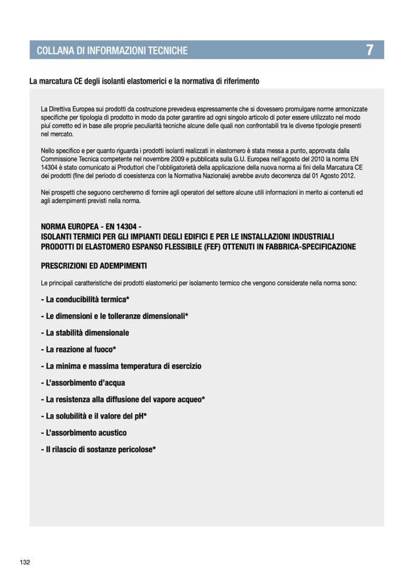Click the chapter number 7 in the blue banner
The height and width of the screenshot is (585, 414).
pos(370,50)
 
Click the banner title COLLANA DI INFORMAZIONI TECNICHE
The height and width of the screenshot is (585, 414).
pos(112,51)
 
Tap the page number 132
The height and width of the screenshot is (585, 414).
pos(24,562)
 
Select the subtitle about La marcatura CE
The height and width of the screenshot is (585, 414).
pos(144,81)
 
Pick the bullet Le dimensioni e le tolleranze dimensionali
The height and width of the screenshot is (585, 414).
pos(114,316)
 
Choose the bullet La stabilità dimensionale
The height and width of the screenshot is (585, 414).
pos(85,333)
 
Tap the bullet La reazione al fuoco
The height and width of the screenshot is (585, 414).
pos(79,350)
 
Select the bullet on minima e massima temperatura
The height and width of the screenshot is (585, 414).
pos(121,366)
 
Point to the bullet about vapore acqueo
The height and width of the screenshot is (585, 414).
pos(122,400)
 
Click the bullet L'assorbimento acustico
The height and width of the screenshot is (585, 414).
pos(84,432)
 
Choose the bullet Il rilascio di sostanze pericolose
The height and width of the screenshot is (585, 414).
pos(98,450)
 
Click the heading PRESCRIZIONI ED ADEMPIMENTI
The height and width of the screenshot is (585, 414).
pos(93,266)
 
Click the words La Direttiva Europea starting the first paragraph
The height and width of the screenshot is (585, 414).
pos(67,109)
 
